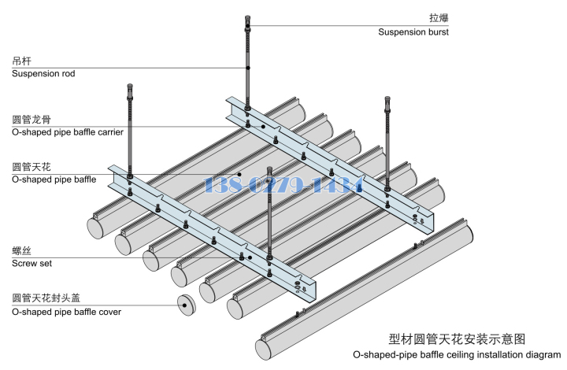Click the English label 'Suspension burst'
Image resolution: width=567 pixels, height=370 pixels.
click(413, 32)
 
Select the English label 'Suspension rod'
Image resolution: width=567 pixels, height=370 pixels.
click(43, 73)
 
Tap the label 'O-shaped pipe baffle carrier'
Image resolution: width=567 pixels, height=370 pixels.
click(68, 132)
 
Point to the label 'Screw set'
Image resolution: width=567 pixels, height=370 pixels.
click(32, 264)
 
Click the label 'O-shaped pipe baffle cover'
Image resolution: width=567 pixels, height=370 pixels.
click(66, 312)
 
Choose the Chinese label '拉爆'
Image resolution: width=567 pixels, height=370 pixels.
click(438, 18)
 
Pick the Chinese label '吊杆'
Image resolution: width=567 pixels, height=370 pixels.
click(22, 61)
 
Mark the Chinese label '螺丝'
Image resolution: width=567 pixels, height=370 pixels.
click(22, 250)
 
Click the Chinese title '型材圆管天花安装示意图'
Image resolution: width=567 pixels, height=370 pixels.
click(457, 339)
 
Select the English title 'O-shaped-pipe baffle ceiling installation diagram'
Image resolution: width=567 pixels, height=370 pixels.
click(457, 355)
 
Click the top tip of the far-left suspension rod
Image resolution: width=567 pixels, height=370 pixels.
click(129, 85)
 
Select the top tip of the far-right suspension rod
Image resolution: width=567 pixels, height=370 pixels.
click(387, 99)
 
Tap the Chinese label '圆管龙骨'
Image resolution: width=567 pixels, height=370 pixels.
click(32, 120)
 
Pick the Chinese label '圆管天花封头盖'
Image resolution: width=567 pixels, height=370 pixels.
click(46, 298)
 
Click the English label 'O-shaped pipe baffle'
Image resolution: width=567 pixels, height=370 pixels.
click(54, 179)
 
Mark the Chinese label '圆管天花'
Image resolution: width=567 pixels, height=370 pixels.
click(32, 167)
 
